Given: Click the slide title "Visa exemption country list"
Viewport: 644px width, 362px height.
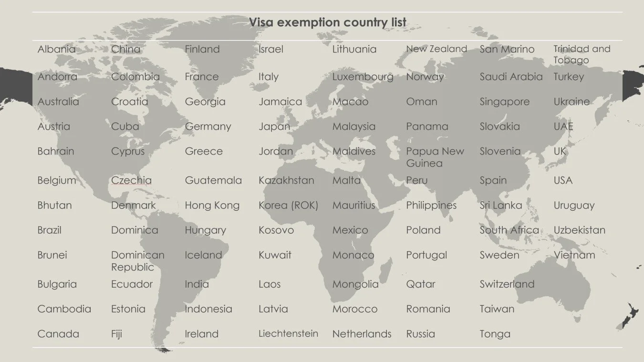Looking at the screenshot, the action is click(328, 22).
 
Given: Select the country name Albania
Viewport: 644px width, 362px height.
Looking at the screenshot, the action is click(56, 49).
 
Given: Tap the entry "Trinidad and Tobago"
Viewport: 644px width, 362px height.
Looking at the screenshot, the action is click(582, 54).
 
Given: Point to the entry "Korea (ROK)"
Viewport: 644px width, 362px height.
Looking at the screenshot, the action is click(288, 206).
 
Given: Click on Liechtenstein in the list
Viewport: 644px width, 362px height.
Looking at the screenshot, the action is click(288, 333).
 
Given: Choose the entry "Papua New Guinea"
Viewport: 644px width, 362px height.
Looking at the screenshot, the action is click(435, 157).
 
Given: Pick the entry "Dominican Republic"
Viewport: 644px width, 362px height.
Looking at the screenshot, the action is click(137, 261).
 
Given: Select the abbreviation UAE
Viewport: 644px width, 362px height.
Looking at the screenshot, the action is click(563, 127).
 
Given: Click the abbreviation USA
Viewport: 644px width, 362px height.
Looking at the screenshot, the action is click(563, 181).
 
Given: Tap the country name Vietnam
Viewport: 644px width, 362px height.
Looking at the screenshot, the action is click(574, 255).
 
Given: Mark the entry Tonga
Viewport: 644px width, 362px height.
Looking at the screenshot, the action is click(495, 334).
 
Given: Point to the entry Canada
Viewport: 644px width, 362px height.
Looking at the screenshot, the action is click(58, 334).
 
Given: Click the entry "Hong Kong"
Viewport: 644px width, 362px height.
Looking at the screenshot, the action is click(212, 206).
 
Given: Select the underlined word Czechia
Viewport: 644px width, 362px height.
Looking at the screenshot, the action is click(131, 181).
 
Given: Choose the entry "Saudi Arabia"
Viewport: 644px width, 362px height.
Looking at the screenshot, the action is click(511, 77).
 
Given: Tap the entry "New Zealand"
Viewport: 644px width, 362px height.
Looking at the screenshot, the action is click(436, 49).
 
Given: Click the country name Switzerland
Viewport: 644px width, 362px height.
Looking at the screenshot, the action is click(507, 284).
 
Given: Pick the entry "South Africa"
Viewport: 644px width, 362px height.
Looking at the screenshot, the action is click(509, 230).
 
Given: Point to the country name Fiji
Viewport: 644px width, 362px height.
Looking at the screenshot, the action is click(116, 334).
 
